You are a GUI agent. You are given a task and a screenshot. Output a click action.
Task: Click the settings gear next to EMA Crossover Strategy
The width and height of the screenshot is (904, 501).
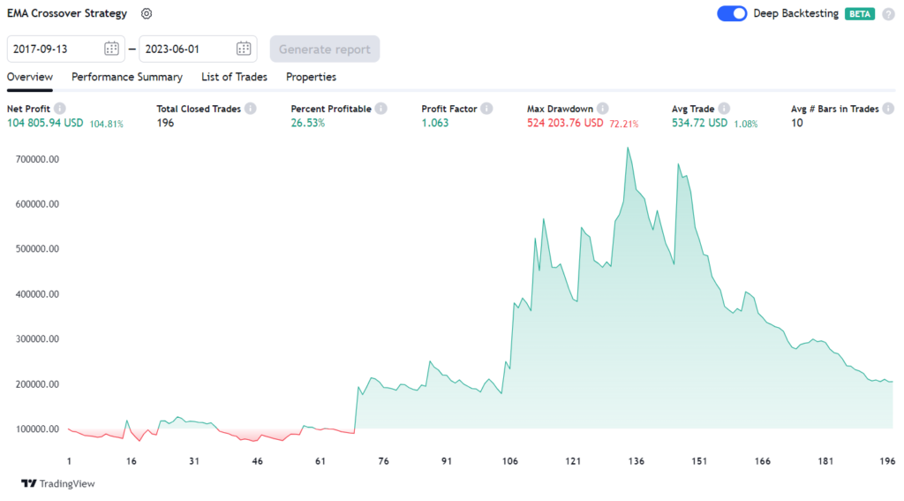point(147,14)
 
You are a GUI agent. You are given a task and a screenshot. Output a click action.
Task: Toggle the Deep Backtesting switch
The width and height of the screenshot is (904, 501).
point(732,14)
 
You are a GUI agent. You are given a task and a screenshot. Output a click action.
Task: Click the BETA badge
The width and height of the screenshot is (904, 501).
point(860,14)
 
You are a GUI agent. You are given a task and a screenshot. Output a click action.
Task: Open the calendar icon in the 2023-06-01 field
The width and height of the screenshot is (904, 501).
point(244,49)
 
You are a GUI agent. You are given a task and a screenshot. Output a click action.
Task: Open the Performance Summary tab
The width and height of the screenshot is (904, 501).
point(127,77)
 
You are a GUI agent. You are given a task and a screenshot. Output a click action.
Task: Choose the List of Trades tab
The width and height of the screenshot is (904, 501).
point(234,77)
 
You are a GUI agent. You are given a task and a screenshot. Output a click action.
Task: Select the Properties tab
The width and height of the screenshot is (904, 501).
point(311,77)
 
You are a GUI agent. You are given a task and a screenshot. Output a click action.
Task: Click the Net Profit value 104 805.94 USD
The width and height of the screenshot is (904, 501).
point(45,123)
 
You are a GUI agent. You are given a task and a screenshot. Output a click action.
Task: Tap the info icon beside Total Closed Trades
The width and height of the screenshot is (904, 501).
point(250,109)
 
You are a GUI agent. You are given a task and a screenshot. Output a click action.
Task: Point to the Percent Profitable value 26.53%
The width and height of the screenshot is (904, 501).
point(308,123)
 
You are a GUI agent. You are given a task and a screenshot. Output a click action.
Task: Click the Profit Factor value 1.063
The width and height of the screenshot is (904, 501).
point(435,123)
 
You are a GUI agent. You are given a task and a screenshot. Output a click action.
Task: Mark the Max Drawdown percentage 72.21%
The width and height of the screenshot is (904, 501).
point(623,124)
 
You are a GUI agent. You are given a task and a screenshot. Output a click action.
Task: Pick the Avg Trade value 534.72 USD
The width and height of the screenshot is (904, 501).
point(700,123)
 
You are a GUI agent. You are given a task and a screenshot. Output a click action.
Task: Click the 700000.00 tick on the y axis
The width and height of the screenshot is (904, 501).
point(37,159)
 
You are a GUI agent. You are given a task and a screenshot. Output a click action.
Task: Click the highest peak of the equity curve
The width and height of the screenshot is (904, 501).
point(628,148)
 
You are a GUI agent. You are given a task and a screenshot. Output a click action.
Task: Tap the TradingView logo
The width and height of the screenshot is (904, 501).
point(58,483)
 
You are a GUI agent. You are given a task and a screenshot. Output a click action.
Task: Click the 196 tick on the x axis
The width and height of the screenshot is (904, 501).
point(887,461)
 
